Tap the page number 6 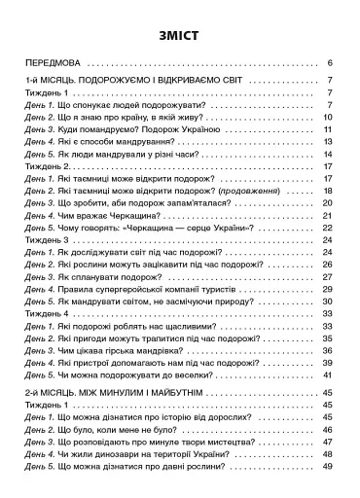[332, 61]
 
